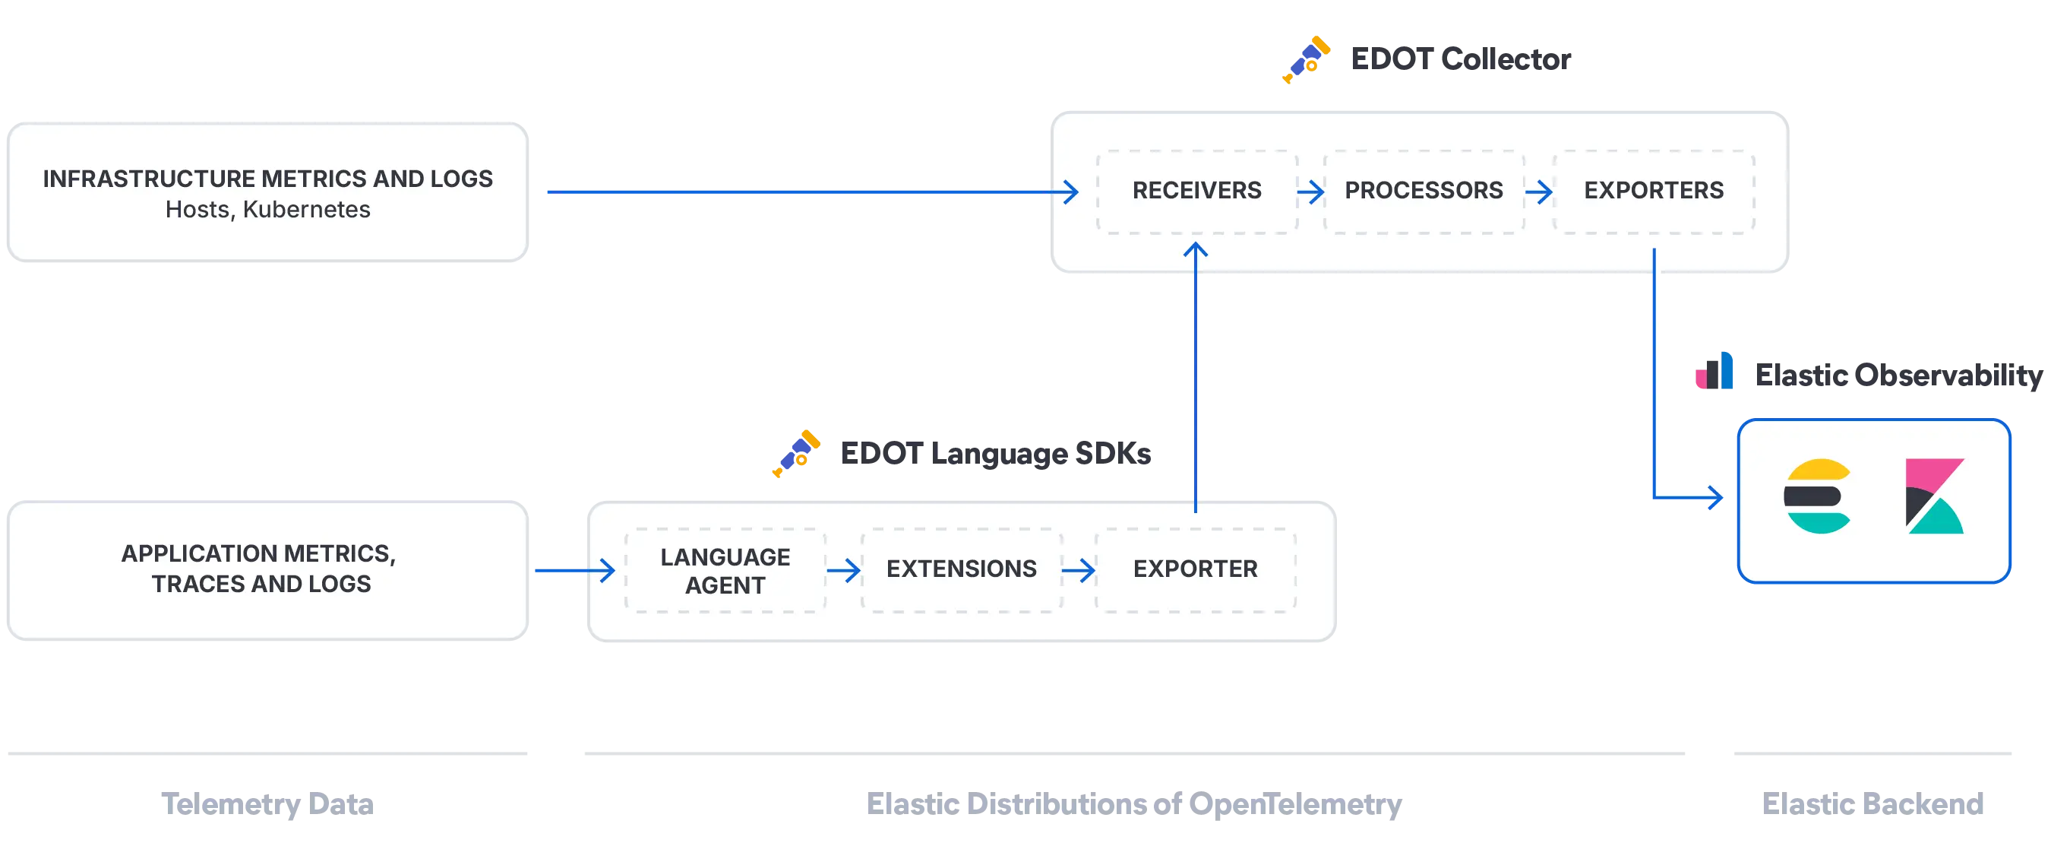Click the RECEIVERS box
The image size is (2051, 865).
[1196, 190]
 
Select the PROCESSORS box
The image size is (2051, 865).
[1423, 190]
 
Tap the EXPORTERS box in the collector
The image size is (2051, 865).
[1653, 190]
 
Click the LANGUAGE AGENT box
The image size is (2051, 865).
[725, 570]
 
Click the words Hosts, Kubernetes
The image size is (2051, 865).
[267, 210]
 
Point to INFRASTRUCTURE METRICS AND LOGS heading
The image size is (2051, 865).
[267, 179]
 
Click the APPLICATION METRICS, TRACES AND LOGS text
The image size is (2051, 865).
[260, 569]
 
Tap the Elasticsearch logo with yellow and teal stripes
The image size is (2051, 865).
[1817, 496]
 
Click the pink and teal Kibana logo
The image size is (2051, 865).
[1934, 496]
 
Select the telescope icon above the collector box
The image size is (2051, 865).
[1306, 57]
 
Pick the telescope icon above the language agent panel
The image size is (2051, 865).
[795, 452]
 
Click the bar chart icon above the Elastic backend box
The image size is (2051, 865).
[1717, 369]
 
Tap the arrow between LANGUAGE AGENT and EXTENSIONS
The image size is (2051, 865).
[844, 570]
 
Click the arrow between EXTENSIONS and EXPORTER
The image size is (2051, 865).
[1079, 570]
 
